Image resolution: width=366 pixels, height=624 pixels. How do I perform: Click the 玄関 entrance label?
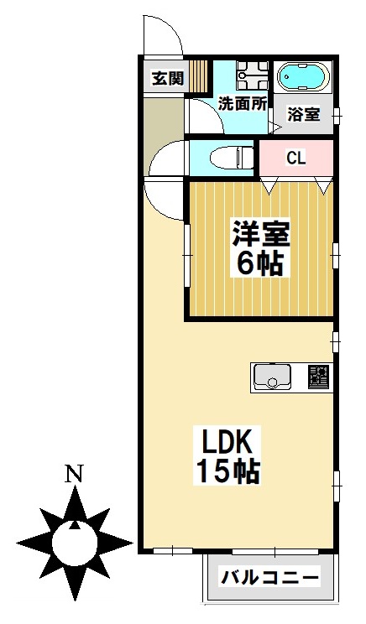pos(167,80)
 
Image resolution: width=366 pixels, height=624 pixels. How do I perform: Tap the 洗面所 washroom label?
pos(243,104)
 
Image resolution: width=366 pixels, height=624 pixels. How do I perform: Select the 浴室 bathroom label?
pos(303,114)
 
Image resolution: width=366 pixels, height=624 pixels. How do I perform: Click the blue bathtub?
pos(302,77)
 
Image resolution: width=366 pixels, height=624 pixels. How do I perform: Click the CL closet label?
pos(295,158)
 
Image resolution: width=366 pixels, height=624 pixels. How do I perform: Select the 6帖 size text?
pos(259,263)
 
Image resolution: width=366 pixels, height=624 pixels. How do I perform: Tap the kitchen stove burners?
pos(318,377)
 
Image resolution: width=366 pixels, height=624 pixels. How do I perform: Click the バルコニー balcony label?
pos(269,578)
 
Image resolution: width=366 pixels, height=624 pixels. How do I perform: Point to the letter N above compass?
pos(75,474)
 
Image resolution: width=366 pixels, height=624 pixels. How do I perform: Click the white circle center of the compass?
pos(75,543)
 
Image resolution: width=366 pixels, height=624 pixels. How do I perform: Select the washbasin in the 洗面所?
pos(249,76)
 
